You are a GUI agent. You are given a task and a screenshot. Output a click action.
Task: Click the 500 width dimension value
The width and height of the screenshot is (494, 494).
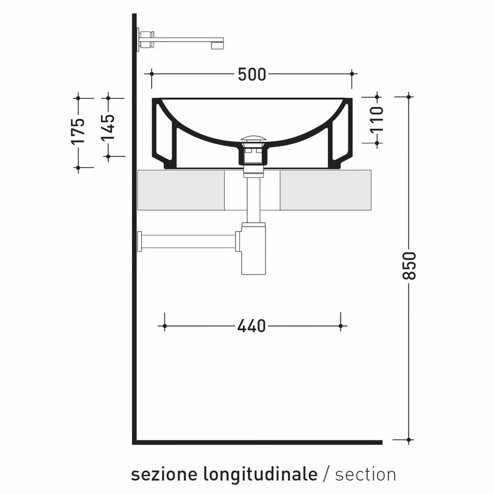tap(252, 74)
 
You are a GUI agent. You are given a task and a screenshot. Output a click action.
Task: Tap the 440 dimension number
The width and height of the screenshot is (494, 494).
tap(252, 326)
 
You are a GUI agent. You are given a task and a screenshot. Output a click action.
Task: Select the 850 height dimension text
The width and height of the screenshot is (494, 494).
tap(410, 265)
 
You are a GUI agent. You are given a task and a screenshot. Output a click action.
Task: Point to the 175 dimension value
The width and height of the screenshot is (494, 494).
tap(77, 131)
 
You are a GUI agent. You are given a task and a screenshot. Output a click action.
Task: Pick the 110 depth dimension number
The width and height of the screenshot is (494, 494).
tap(377, 119)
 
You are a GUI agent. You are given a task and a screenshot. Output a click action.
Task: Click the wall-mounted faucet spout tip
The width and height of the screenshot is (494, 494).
tap(217, 45)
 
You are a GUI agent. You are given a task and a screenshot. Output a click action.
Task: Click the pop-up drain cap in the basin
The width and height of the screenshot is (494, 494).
tap(253, 139)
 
